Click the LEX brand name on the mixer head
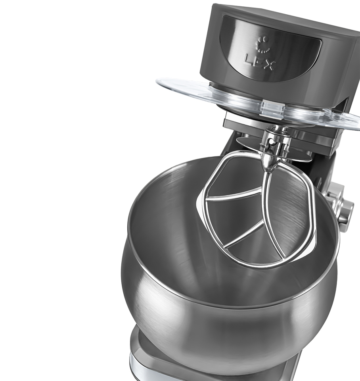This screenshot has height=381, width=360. click(260, 62)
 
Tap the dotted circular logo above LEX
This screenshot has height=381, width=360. click(262, 44)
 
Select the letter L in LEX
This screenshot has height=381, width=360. click(249, 59)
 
